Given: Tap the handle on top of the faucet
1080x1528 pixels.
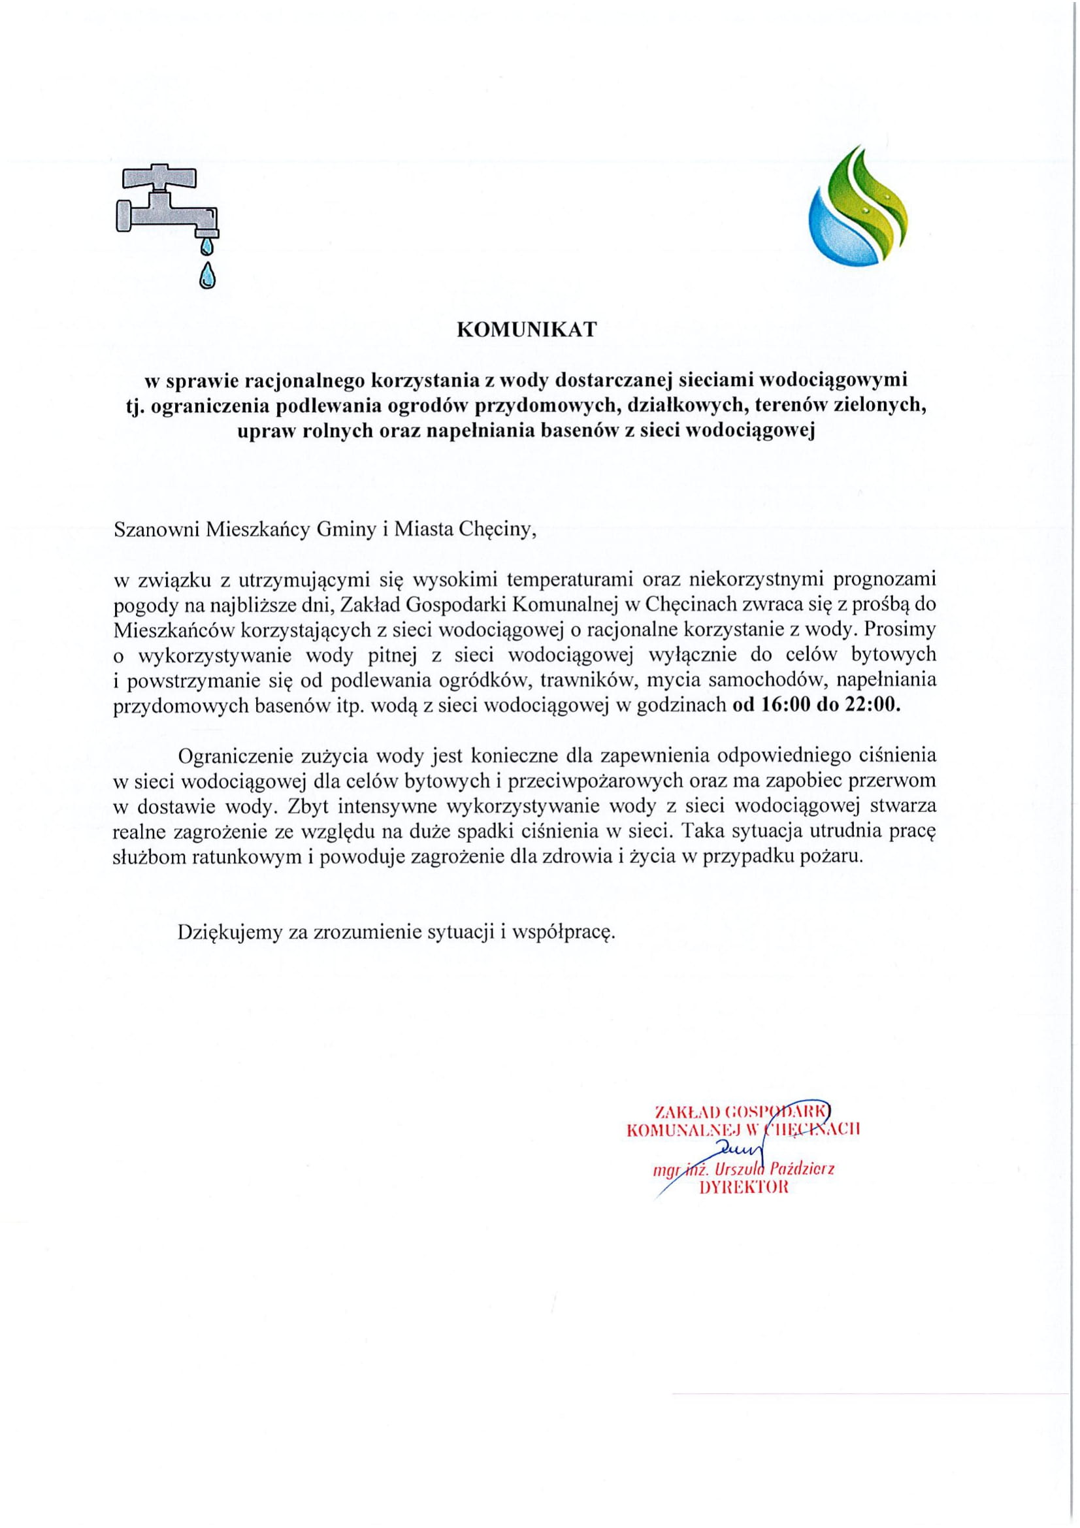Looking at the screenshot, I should click(161, 177).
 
